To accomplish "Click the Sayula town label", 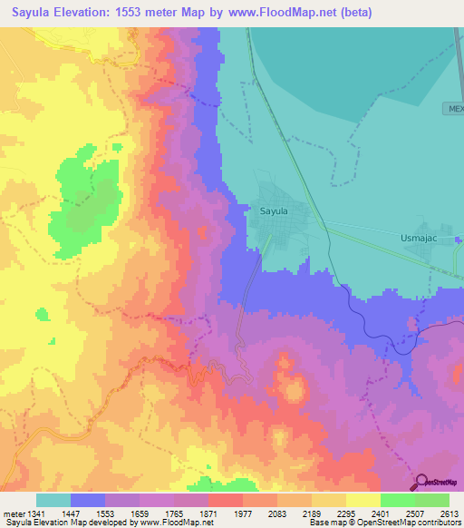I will tap(274, 210).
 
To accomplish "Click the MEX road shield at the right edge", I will tap(454, 108).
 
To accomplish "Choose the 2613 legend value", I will tap(449, 513).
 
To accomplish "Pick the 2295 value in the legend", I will tap(345, 513).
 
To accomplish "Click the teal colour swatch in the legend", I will tap(53, 500).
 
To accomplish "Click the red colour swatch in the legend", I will tap(225, 500).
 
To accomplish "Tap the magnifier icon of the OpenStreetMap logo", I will tap(420, 482).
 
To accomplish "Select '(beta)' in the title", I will tap(352, 13).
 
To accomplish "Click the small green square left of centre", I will tap(43, 314).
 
